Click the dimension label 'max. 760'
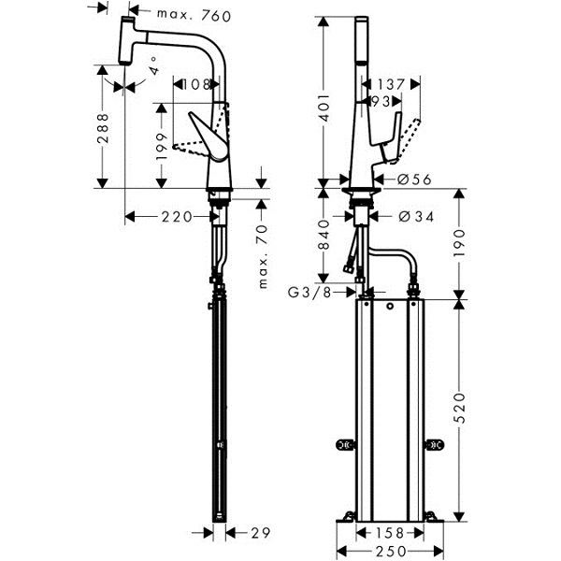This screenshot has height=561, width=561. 194,16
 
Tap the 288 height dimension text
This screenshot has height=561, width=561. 103,128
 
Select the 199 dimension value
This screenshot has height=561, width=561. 162,147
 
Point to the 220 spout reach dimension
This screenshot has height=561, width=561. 177,217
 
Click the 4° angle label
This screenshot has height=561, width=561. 154,65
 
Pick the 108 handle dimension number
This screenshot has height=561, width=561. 196,85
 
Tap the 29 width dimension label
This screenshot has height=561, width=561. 260,533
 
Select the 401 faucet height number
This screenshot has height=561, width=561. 324,108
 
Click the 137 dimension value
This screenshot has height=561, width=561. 390,85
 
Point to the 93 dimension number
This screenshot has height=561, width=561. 381,102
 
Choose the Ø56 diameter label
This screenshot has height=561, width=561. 414,179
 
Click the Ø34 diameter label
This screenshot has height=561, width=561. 416,217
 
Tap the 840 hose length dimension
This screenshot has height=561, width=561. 324,235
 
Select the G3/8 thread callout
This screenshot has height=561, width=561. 309,293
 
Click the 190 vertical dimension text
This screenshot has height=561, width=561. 459,243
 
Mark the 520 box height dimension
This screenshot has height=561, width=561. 459,409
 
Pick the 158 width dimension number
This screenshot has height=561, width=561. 390,533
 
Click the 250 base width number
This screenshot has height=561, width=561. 391,552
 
